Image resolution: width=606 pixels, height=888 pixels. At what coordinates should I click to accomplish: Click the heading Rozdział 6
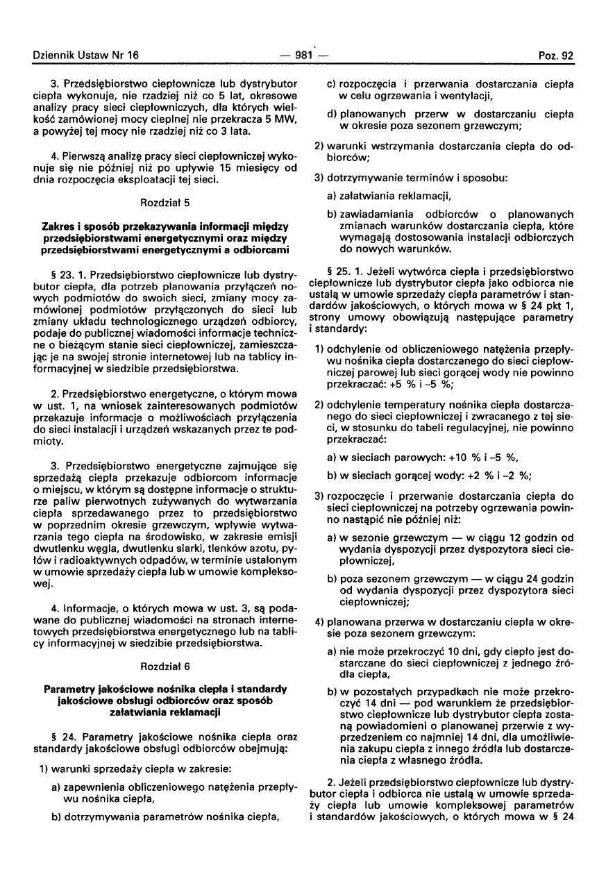click(165, 666)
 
